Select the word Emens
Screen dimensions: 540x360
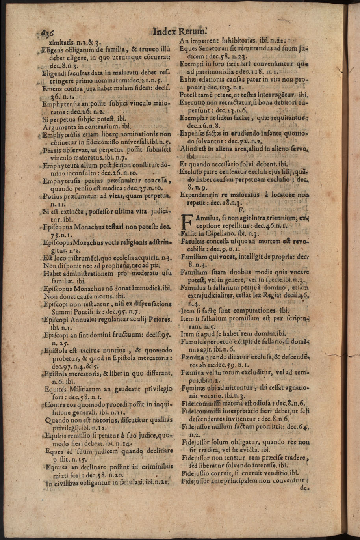(x=52, y=88)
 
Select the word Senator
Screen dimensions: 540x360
(x=207, y=48)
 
